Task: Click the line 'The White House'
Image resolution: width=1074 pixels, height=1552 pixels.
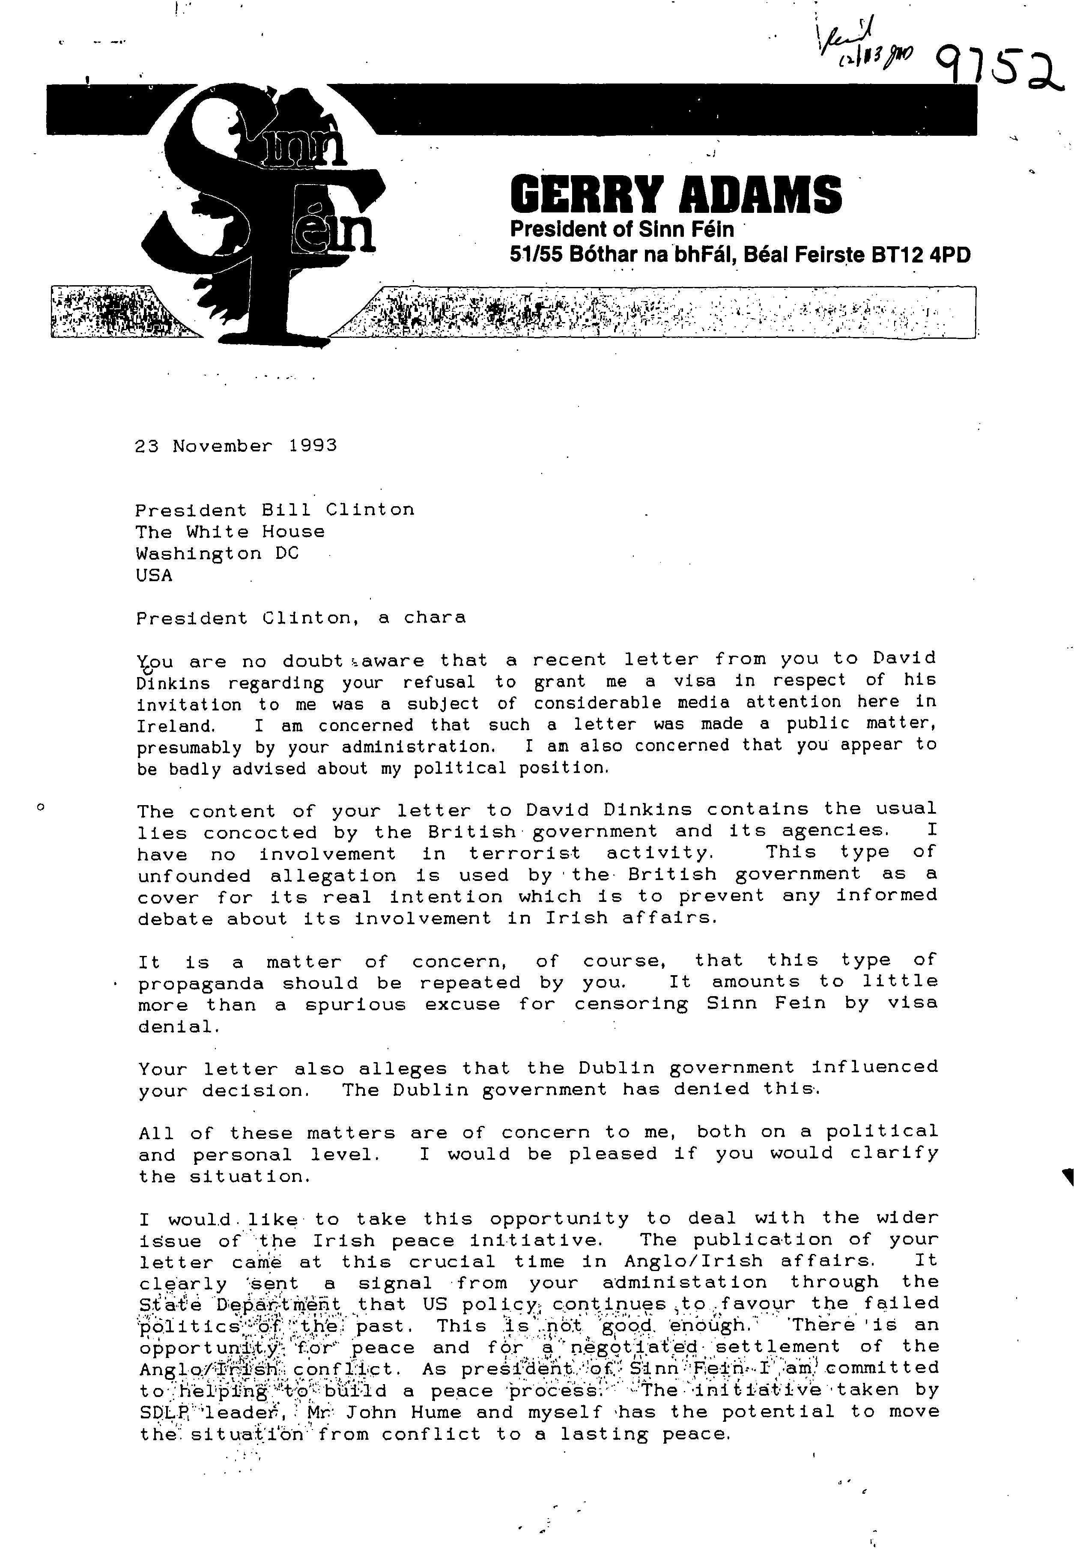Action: click(230, 532)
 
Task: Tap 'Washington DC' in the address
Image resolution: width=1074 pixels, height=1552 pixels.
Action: click(217, 553)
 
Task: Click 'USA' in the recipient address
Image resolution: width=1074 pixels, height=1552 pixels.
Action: click(154, 576)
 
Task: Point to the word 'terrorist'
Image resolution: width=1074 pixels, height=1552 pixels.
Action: click(525, 854)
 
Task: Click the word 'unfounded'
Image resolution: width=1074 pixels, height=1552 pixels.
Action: click(194, 876)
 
